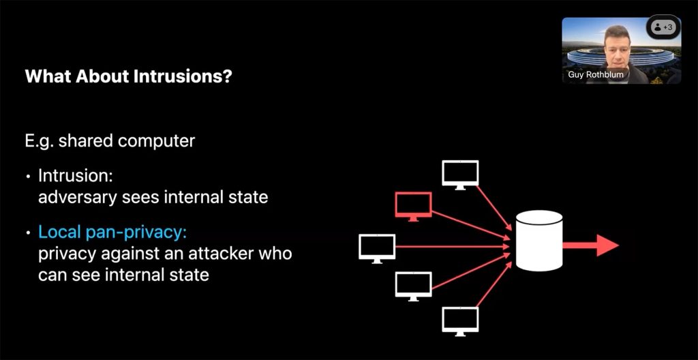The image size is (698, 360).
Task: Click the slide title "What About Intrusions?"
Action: (x=128, y=76)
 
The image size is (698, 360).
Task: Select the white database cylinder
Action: (x=540, y=241)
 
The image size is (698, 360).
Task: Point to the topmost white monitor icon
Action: (x=460, y=174)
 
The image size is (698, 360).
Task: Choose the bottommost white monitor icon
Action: (x=460, y=319)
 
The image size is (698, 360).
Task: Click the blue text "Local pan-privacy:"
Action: (x=112, y=232)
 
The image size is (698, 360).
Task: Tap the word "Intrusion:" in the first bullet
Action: (x=75, y=176)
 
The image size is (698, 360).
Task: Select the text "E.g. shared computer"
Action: (x=110, y=141)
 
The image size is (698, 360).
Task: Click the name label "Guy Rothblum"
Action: (x=596, y=74)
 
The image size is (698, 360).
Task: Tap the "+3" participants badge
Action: (x=663, y=27)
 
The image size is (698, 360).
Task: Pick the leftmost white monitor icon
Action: (x=377, y=247)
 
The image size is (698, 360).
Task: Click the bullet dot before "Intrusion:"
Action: (x=28, y=177)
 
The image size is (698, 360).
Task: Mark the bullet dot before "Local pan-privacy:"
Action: (x=28, y=233)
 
